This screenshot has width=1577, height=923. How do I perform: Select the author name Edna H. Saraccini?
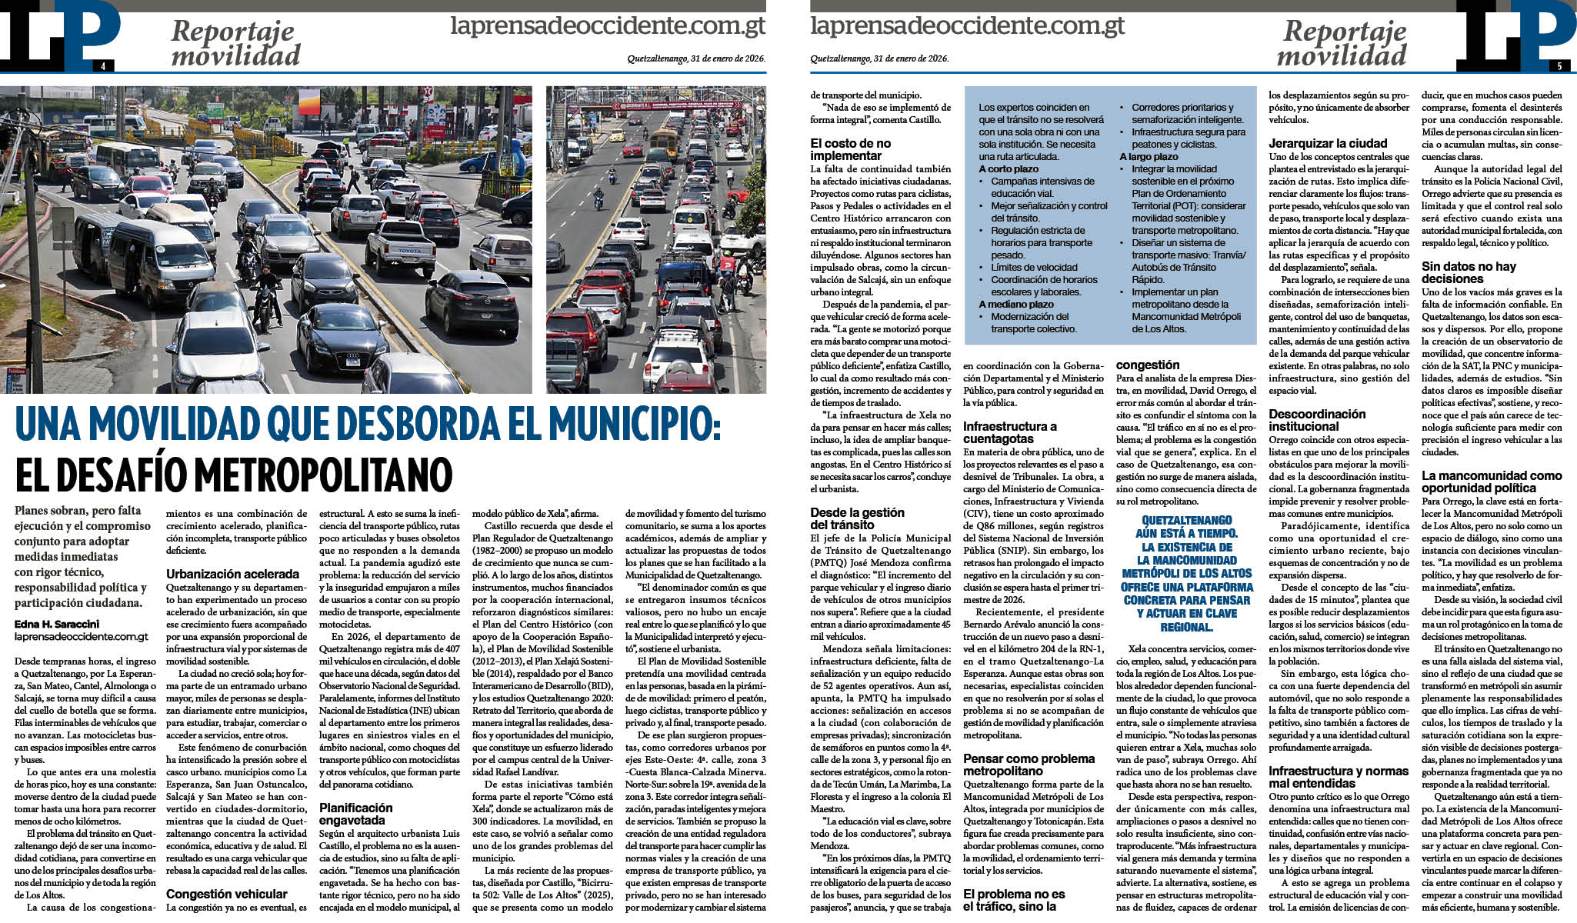coord(57,624)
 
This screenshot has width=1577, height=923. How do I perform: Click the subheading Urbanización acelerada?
coord(232,574)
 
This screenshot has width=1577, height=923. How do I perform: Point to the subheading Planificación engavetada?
coord(355,814)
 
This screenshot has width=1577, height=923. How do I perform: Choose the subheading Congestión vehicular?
coord(226,894)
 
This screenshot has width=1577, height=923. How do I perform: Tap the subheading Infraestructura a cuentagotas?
coord(1009,432)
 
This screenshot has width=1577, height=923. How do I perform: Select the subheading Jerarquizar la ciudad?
coord(1328,143)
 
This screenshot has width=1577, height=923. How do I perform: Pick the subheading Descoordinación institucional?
coord(1317,420)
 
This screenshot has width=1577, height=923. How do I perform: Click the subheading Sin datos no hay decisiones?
coord(1469,272)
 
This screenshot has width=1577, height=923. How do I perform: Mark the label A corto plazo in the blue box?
coord(1009,169)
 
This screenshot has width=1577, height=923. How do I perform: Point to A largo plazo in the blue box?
coord(1149,157)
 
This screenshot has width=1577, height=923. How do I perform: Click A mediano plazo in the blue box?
coord(1016,305)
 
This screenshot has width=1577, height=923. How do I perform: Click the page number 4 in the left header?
coord(102,66)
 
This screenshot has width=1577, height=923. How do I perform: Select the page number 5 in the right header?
coord(1559,66)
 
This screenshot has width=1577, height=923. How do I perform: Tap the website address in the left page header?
coord(607,26)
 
